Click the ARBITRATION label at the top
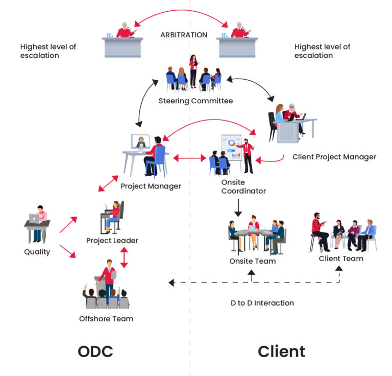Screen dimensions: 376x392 point(184,35)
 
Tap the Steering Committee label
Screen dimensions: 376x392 point(195,101)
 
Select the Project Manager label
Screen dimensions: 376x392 point(151,186)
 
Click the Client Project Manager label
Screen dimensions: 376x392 point(334,157)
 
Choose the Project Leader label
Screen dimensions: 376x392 point(112,240)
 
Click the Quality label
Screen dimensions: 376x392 point(37,251)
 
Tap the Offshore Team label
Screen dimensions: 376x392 point(106,319)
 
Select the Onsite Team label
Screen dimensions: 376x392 point(252,261)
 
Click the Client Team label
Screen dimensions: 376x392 point(341,258)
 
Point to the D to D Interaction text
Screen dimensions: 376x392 point(262,303)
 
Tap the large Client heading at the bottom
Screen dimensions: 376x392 point(281,351)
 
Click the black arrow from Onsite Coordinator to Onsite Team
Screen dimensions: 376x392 point(237,207)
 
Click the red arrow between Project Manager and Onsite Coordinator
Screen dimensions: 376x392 point(189,159)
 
